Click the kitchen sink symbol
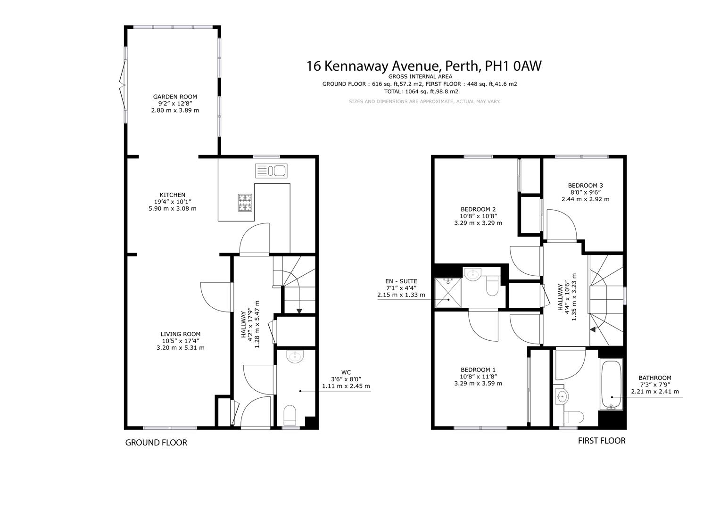pos(271,171)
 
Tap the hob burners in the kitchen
pos(245,203)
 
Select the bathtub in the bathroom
pos(612,384)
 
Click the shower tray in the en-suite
pos(448,293)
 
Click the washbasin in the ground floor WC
pos(295,357)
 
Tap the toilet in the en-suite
pos(492,285)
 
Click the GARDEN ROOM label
pos(175,97)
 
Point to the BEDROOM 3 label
pos(585,185)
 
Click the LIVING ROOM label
pos(180,334)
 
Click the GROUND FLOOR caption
pos(156,443)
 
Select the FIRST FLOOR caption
pos(602,441)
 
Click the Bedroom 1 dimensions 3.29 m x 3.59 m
pos(478,383)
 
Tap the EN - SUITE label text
pos(401,281)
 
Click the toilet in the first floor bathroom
pos(573,418)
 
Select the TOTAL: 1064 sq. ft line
pos(421,91)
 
